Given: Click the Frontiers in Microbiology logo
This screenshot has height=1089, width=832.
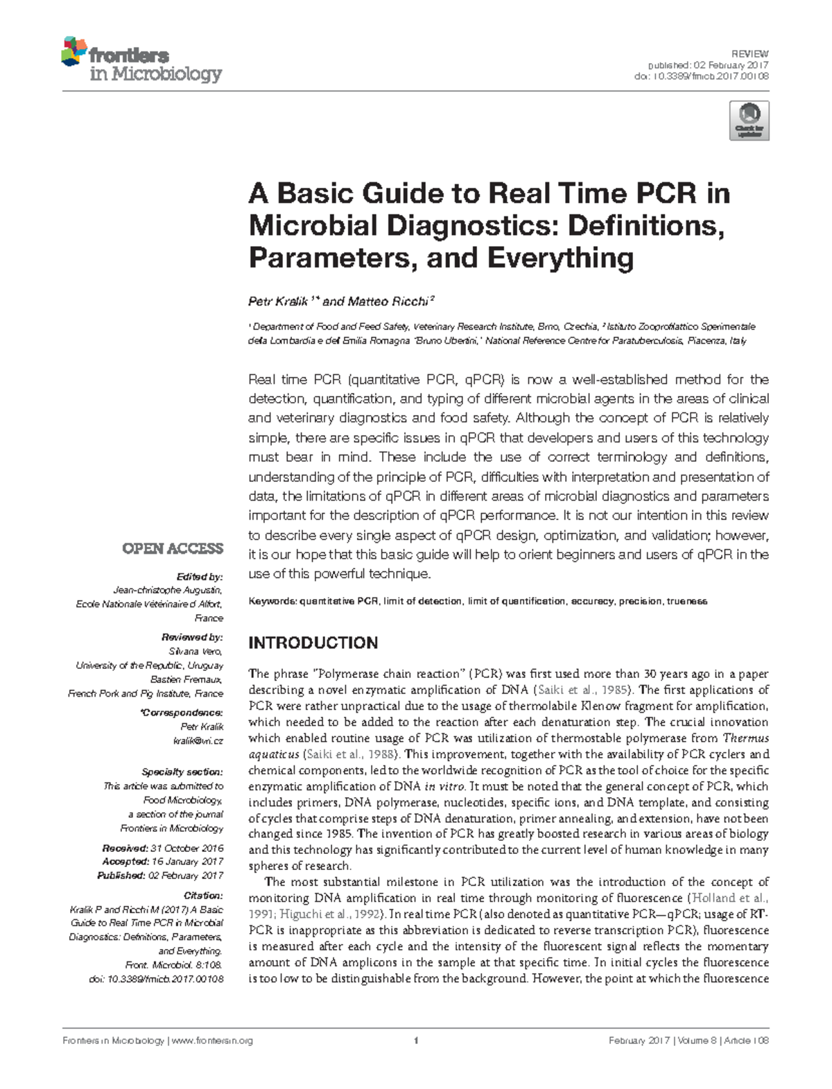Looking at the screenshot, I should (x=141, y=61).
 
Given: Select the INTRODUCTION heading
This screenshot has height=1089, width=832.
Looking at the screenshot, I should (x=313, y=643).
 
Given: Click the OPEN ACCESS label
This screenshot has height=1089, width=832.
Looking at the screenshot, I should (x=173, y=549).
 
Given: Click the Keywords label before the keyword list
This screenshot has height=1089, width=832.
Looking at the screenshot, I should (x=272, y=602).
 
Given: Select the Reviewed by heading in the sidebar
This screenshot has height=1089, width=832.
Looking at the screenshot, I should (x=192, y=637).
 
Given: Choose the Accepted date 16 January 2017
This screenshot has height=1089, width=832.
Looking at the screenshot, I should (x=187, y=862).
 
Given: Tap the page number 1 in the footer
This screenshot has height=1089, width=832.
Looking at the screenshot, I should (x=415, y=1040).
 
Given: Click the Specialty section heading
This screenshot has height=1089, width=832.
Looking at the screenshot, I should (x=182, y=772).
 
